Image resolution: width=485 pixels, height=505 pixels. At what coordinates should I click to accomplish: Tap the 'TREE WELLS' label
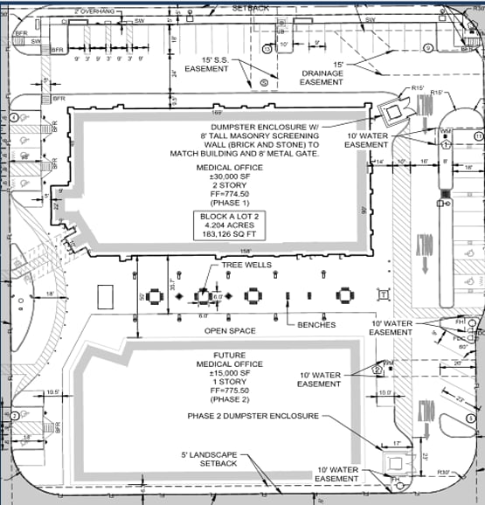(x=247, y=266)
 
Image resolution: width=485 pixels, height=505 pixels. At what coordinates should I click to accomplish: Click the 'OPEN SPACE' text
(x=230, y=331)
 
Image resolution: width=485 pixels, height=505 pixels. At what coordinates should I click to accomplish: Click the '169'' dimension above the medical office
(x=219, y=112)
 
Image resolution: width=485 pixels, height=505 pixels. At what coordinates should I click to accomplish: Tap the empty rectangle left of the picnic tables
(x=107, y=297)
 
